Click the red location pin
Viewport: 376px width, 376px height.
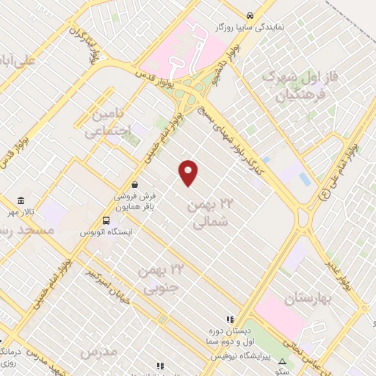(189, 172)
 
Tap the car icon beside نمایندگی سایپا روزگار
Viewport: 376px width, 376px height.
(250, 15)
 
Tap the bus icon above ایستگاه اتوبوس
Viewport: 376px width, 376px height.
(107, 220)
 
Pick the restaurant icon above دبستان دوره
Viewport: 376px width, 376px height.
(229, 320)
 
